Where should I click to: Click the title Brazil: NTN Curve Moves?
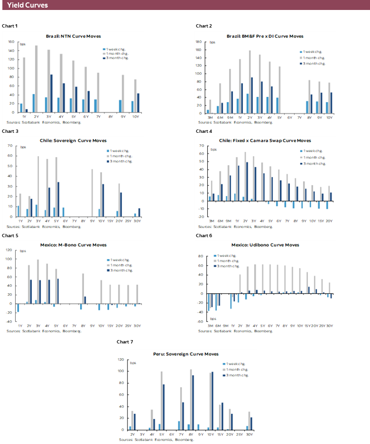click(73, 36)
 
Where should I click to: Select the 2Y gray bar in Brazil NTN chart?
click(36, 79)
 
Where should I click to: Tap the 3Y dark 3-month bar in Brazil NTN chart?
click(51, 93)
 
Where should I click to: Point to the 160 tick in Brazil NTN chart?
click(12, 43)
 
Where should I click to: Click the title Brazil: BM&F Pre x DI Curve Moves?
click(265, 36)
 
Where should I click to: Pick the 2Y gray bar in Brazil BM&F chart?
click(250, 81)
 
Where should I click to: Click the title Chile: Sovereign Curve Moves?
click(73, 140)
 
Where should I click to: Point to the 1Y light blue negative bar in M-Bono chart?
click(18, 308)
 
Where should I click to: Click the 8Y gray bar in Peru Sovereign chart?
click(190, 400)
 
